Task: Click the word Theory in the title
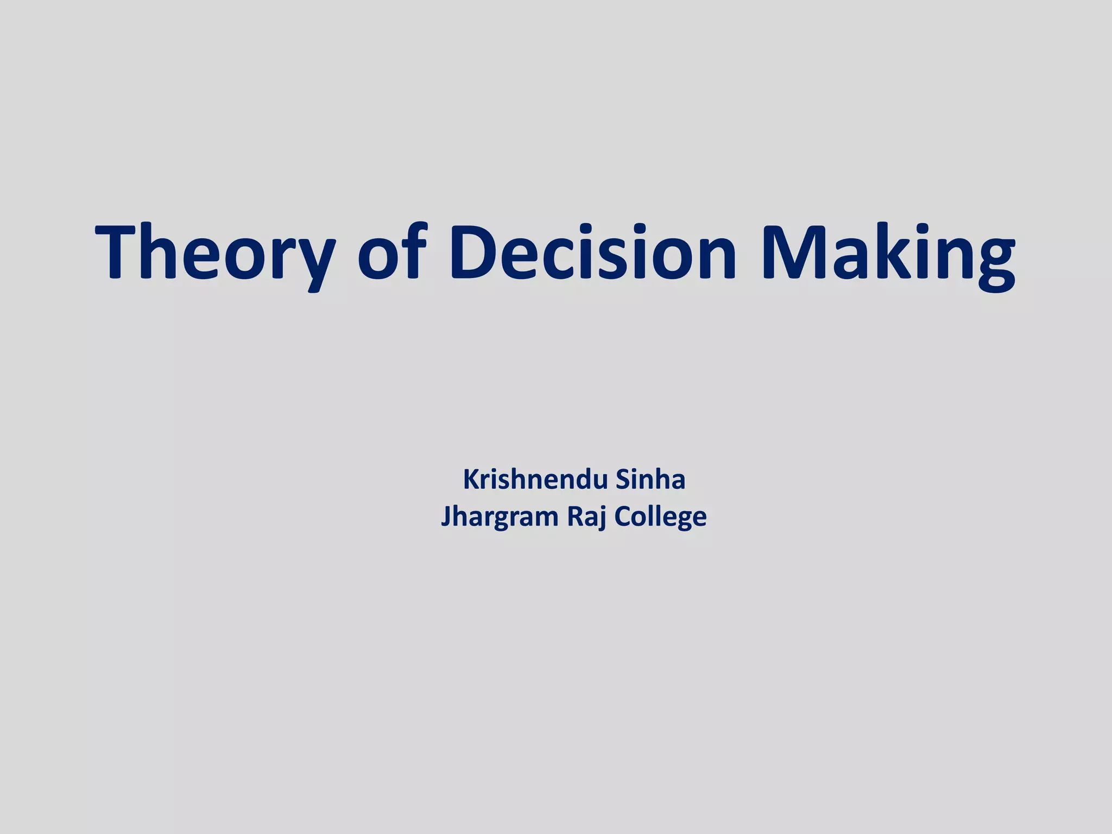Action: coord(215,252)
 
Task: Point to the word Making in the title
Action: coord(888,252)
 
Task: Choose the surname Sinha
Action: coord(650,480)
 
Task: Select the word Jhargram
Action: coord(500,516)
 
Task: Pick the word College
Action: coord(660,516)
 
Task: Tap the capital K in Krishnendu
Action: coord(471,480)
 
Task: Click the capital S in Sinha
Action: coord(623,480)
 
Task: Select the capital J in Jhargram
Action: coord(446,516)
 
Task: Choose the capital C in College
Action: coord(623,516)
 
